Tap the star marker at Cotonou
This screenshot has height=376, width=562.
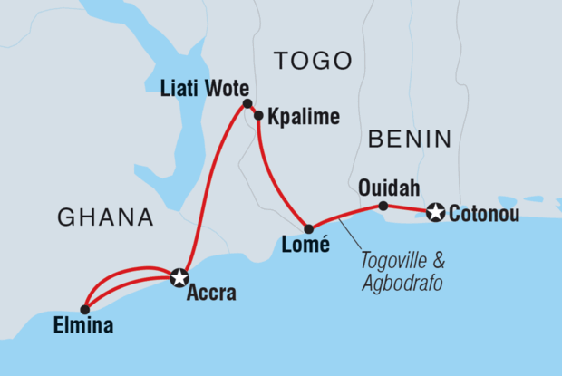click(x=436, y=213)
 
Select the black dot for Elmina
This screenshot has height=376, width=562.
click(x=84, y=309)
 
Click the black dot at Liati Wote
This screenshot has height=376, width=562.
click(x=247, y=105)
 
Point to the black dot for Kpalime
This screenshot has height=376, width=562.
click(x=258, y=116)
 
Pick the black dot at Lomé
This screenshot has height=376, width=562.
click(x=308, y=228)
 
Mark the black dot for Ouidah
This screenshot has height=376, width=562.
click(x=383, y=207)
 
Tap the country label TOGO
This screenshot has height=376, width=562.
click(x=313, y=61)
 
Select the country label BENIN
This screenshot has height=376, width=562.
click(x=410, y=139)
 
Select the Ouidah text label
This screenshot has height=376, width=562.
click(x=384, y=188)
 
